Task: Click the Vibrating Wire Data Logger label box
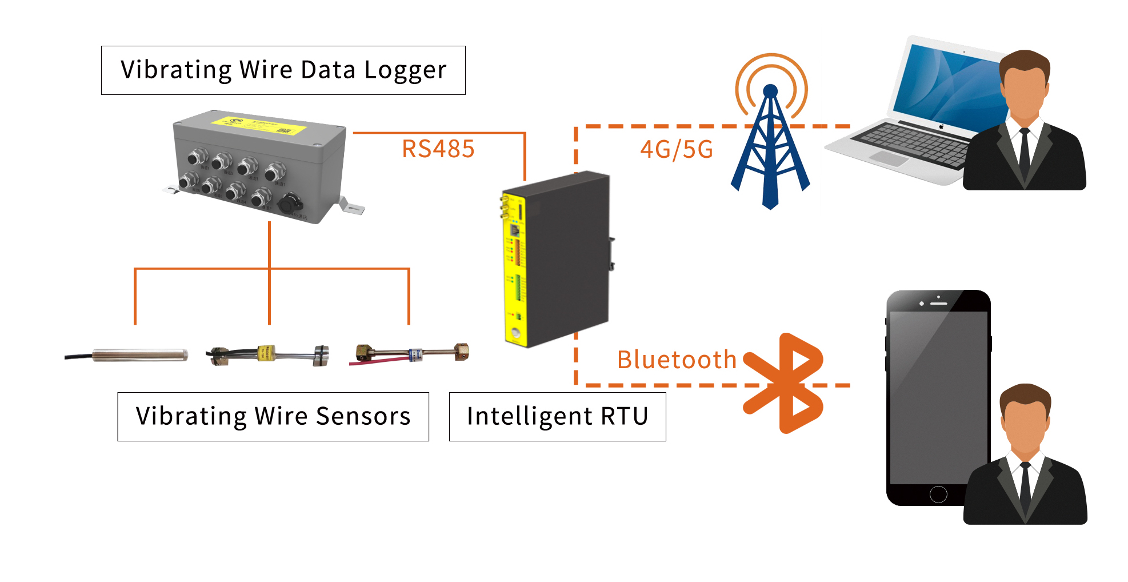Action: coord(283,70)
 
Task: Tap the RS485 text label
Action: coord(438,149)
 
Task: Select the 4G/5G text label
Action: coord(677,150)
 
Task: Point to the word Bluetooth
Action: coord(677,360)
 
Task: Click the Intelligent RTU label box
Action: coord(557,416)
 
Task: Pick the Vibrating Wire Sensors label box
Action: coord(273,416)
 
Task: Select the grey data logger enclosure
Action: coord(260,166)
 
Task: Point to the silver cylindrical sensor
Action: coord(140,354)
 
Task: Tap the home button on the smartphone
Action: coord(938,494)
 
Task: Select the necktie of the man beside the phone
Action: coord(1026,486)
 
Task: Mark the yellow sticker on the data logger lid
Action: coord(257,125)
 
